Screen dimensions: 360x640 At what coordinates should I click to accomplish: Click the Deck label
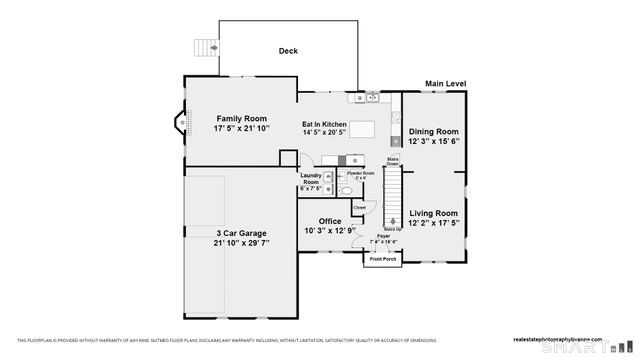pos(288,51)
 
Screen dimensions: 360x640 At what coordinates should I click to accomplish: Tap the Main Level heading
pos(446,84)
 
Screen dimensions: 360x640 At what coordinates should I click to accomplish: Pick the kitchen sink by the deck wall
pos(361,98)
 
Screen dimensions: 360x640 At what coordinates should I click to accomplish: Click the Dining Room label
pos(434,132)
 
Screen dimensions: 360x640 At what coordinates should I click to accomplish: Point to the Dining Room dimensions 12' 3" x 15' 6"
pos(434,142)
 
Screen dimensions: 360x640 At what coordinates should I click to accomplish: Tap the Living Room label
pos(433,213)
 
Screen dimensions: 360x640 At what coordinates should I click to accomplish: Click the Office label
pos(330,221)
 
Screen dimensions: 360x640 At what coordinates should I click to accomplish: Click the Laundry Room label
pos(311,179)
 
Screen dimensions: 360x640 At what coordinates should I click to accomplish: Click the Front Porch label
pos(382,259)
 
